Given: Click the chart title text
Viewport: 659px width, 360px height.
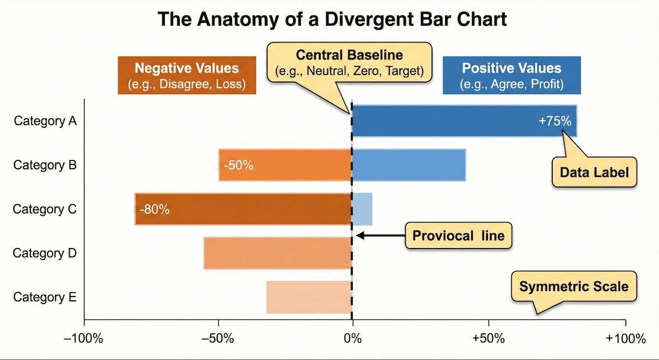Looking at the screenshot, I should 332,20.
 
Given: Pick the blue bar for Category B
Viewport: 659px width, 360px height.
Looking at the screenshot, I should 409,165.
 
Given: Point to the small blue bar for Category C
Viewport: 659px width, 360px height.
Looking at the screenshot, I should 362,209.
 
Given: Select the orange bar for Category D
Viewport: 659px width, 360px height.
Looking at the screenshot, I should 277,253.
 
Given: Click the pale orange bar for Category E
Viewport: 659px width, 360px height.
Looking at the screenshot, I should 309,297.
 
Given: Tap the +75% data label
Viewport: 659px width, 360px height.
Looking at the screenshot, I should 555,121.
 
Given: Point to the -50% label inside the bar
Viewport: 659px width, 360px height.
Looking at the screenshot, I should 238,165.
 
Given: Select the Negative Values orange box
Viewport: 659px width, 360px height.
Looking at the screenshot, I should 187,75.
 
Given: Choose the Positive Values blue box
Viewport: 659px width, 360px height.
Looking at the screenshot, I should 512,75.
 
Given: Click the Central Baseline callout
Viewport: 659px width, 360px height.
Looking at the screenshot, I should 349,62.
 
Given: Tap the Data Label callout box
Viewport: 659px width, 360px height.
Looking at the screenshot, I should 594,173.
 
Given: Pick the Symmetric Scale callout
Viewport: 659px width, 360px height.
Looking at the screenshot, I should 574,286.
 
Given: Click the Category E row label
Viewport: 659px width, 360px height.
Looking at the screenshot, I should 45,297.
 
